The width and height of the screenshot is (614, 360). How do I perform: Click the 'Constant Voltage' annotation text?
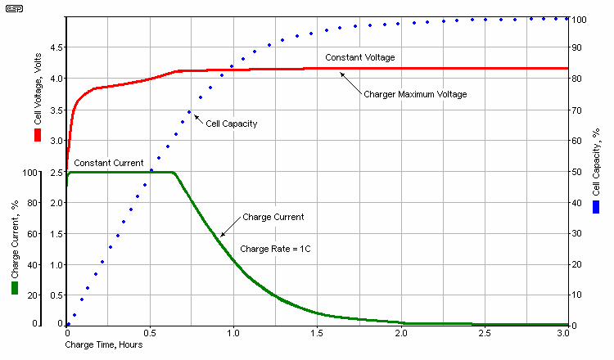pyautogui.click(x=359, y=58)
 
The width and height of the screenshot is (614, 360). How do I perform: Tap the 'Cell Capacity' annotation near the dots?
pyautogui.click(x=232, y=124)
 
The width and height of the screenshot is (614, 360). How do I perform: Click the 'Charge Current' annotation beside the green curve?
pyautogui.click(x=273, y=217)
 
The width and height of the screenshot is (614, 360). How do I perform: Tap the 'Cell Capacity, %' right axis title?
pyautogui.click(x=597, y=168)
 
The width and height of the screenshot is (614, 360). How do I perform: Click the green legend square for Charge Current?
pyautogui.click(x=15, y=288)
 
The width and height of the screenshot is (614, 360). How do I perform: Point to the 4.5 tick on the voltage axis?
pyautogui.click(x=53, y=47)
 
